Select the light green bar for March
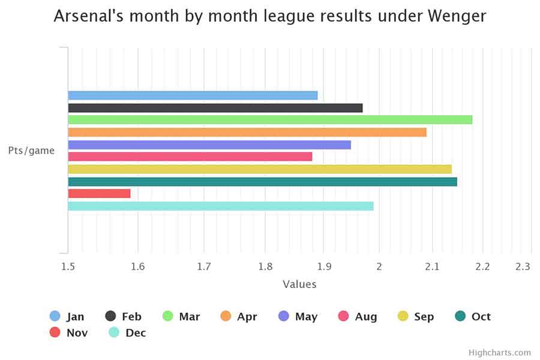click(270, 119)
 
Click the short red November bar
click(99, 193)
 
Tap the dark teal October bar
click(262, 181)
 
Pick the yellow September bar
click(260, 169)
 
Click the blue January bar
click(193, 95)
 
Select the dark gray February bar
click(215, 108)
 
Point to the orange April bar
click(247, 132)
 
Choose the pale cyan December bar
click(221, 206)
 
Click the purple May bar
click(209, 145)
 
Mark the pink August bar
click(190, 157)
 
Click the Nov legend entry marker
click(55, 332)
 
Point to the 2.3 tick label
click(523, 267)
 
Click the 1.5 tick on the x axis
click(68, 267)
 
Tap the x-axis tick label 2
click(379, 267)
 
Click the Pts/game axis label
click(31, 151)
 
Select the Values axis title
click(299, 284)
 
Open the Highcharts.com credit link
click(500, 352)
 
